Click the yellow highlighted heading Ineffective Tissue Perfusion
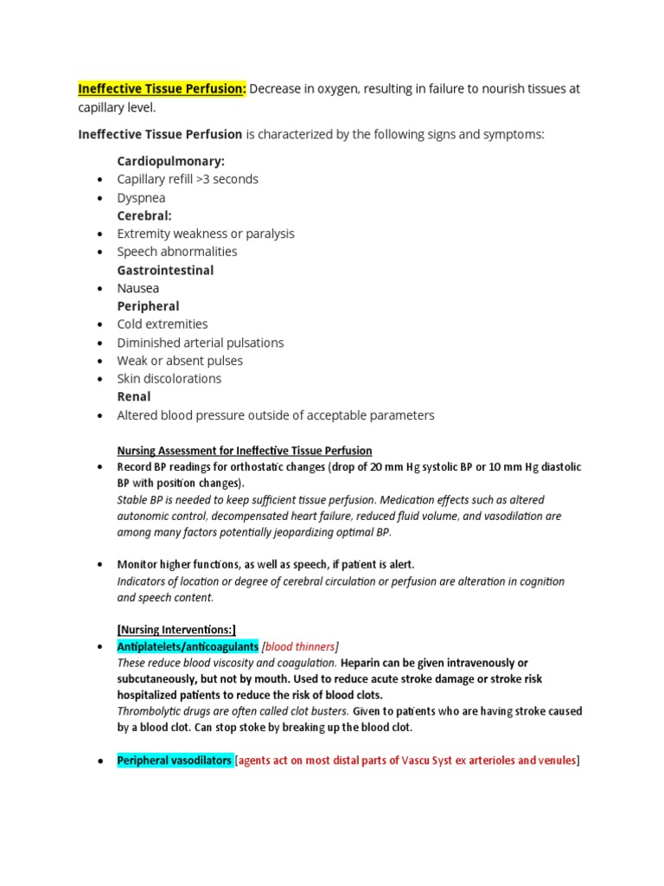pos(162,89)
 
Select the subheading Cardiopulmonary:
pos(170,161)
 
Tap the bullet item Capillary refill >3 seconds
pos(188,179)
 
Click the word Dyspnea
pos(141,197)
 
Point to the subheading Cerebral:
pos(144,215)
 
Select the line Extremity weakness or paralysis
pos(206,234)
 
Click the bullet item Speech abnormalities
pos(177,252)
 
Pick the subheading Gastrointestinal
pos(165,270)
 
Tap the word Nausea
pos(138,288)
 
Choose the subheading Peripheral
pos(148,306)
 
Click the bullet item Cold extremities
pos(163,324)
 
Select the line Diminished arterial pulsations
pos(201,343)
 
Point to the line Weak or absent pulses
pos(180,361)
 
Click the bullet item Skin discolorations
pos(169,379)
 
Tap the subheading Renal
pos(134,397)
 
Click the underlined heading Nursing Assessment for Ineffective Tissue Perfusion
pos(245,451)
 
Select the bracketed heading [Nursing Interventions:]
pos(176,630)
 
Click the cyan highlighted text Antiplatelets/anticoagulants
pos(188,646)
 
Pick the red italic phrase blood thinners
pos(300,646)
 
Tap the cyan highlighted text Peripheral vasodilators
pos(174,761)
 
